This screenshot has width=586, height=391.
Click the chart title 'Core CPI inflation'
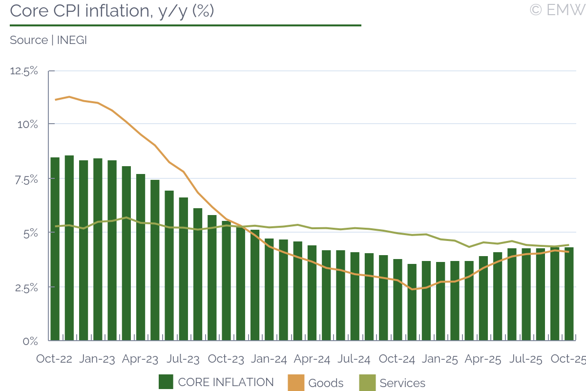(112, 11)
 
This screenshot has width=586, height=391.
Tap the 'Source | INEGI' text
(48, 40)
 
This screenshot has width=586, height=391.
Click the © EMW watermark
(557, 10)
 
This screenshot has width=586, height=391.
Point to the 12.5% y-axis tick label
(24, 71)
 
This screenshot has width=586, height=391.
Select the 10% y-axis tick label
(27, 125)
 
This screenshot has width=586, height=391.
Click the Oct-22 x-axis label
(54, 359)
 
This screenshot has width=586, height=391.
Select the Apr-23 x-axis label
(140, 359)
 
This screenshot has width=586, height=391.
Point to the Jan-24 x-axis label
(269, 359)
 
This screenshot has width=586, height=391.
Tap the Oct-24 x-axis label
(397, 359)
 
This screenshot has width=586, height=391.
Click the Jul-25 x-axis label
(525, 359)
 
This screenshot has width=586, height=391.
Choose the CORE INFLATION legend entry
(216, 382)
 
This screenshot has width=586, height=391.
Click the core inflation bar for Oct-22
(55, 249)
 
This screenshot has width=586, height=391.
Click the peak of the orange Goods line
(69, 97)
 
